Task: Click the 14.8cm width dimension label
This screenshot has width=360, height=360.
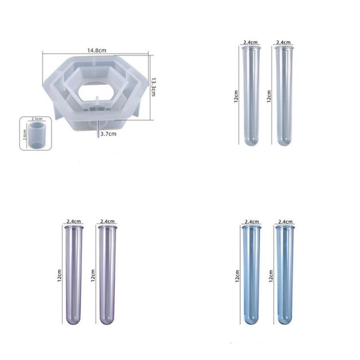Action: [x=97, y=50]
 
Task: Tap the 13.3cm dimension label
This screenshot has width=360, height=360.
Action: [x=153, y=87]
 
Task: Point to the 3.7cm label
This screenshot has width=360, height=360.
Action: [x=108, y=134]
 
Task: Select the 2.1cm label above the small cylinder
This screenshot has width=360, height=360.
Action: [x=37, y=119]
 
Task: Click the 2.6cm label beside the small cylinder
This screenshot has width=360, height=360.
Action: [x=25, y=134]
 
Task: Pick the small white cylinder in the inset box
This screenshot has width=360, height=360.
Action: [x=37, y=135]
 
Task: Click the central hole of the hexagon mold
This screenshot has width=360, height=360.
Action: [x=96, y=91]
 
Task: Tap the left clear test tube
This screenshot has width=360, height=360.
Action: [x=251, y=95]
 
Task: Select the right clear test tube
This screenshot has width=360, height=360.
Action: [x=284, y=95]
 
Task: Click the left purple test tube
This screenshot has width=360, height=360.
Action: [x=74, y=275]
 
